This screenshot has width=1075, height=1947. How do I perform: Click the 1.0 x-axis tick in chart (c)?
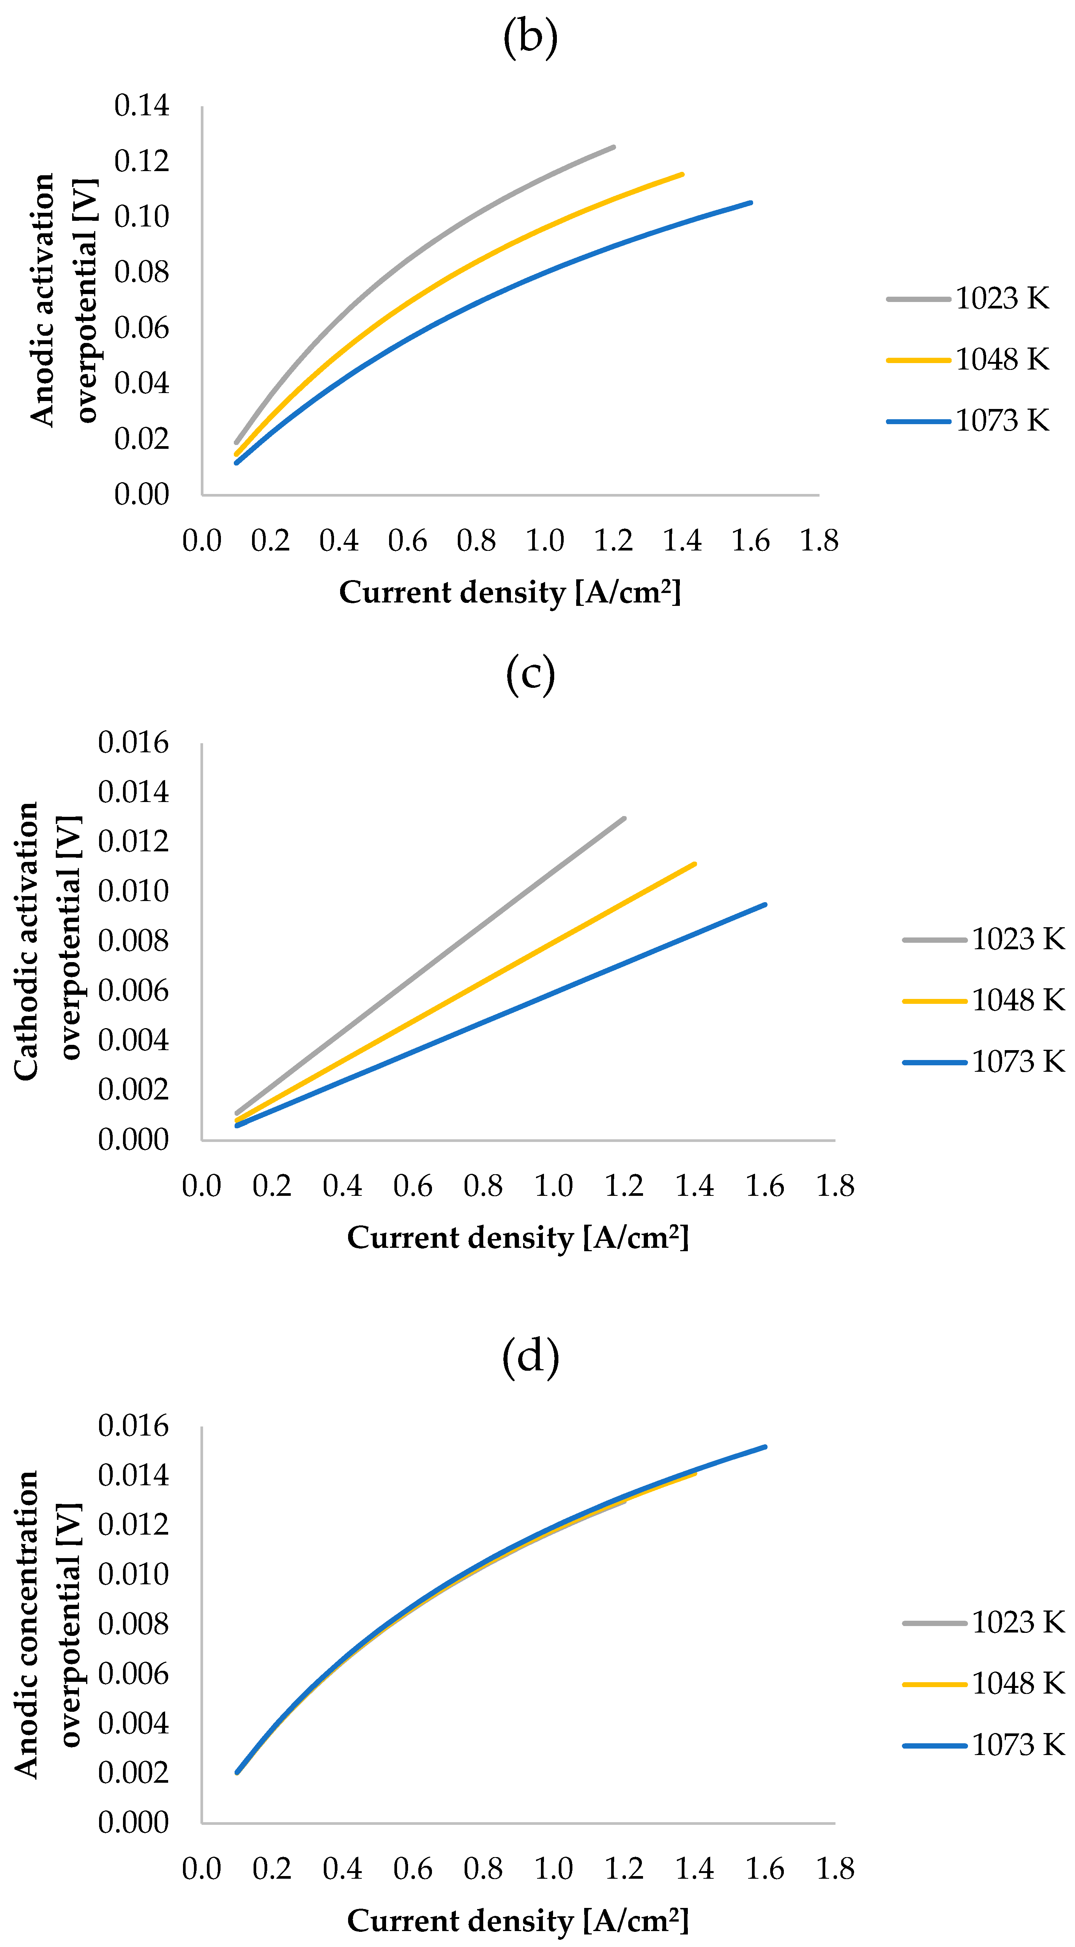pyautogui.click(x=553, y=1185)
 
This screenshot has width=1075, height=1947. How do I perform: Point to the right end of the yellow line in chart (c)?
pyautogui.click(x=694, y=864)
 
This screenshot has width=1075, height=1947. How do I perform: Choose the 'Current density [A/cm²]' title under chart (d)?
pyautogui.click(x=518, y=1920)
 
